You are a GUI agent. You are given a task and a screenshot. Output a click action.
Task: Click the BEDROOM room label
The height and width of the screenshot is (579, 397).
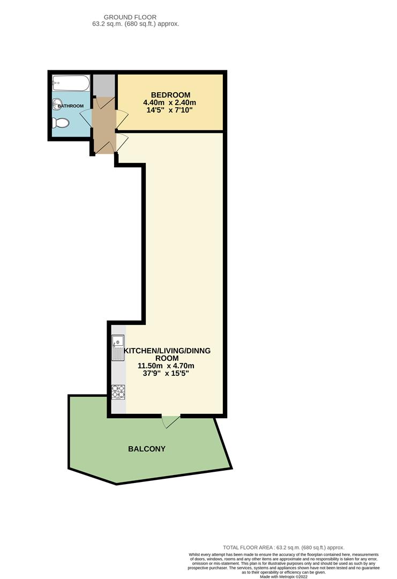(x=170, y=95)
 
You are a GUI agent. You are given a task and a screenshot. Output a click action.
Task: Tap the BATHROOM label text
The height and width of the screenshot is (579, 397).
(x=71, y=106)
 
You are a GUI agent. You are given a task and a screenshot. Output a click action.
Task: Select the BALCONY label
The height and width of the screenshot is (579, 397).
(x=146, y=449)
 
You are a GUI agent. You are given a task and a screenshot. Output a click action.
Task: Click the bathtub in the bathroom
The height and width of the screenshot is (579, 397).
(x=71, y=83)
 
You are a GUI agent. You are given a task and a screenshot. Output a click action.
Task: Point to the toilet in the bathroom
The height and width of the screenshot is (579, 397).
(x=61, y=123)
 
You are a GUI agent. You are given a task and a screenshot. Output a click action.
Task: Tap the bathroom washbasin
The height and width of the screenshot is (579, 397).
(x=57, y=105)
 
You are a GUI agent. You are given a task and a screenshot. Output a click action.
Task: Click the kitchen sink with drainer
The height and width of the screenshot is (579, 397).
(x=118, y=347)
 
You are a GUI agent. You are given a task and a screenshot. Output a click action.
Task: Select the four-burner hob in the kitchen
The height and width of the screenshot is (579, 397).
(x=118, y=392)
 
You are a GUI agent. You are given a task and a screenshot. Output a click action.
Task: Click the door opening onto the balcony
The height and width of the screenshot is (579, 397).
(x=171, y=421)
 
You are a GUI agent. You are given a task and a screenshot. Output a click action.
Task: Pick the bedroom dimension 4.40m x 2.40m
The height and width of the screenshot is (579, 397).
(x=170, y=102)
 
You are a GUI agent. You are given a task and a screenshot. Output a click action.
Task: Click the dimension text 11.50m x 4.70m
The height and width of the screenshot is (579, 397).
(x=166, y=366)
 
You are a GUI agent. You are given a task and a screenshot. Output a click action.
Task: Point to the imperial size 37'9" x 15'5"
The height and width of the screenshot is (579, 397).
(x=166, y=373)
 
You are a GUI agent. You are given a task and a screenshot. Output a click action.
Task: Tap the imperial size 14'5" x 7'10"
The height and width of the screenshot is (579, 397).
(x=170, y=110)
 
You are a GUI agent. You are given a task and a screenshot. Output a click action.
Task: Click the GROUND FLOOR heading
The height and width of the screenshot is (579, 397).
(x=130, y=17)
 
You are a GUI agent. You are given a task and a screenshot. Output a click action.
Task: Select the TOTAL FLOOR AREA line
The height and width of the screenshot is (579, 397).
(x=283, y=547)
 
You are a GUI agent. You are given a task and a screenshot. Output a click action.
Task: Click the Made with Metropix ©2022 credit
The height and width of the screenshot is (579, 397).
(x=283, y=576)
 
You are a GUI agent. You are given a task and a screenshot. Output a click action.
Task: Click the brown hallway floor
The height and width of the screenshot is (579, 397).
(x=104, y=125)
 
